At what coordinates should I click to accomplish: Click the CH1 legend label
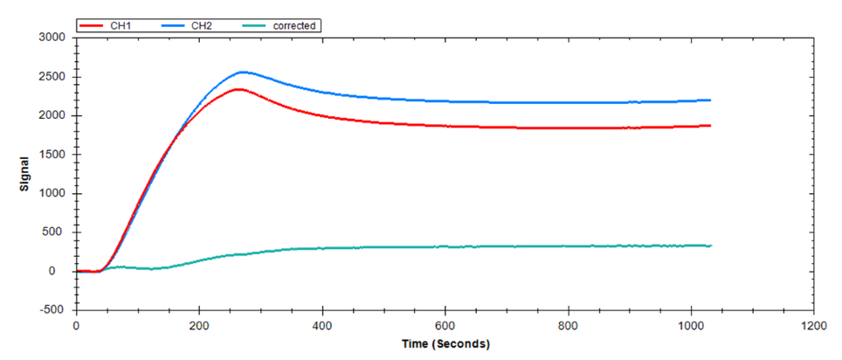tap(121, 26)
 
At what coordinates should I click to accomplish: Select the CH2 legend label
tap(202, 26)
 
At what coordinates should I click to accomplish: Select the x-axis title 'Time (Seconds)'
tap(445, 343)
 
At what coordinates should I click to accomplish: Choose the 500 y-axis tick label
tap(57, 232)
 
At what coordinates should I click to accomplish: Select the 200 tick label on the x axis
tap(199, 324)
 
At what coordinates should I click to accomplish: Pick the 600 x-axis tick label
tap(445, 324)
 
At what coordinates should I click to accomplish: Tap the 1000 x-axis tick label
tap(691, 324)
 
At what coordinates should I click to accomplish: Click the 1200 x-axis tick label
tap(814, 324)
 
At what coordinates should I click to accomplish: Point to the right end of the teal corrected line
tap(711, 246)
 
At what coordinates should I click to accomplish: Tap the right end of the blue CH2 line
tap(710, 100)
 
